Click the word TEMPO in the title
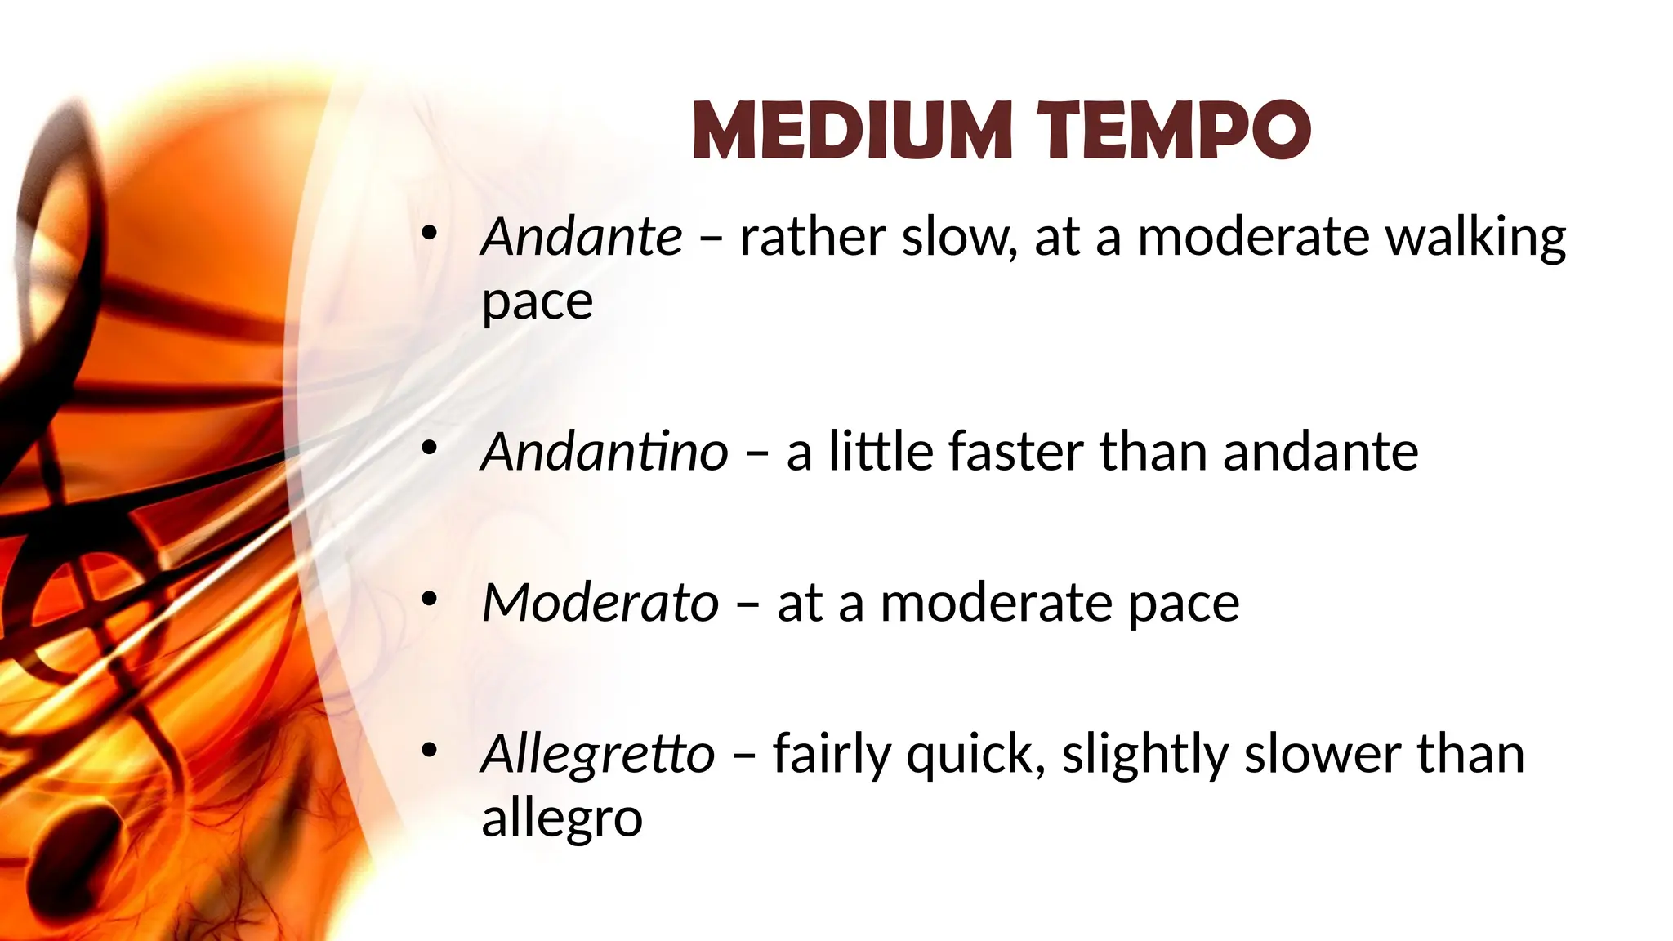[x=1174, y=131]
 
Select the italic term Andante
[x=582, y=237]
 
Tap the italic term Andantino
[x=605, y=452]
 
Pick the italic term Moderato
[x=600, y=603]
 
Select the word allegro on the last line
[x=562, y=818]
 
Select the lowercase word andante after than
[x=1320, y=452]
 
